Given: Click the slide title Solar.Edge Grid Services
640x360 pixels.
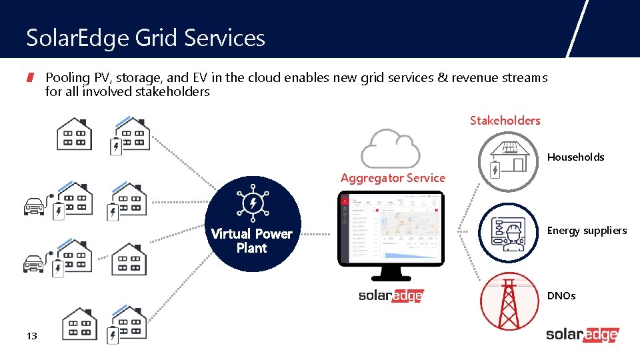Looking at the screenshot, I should (145, 38).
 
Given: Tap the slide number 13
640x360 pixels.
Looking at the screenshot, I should (31, 336).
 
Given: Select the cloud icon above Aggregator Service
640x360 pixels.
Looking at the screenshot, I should (390, 147).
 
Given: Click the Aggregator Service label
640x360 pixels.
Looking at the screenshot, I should (393, 178).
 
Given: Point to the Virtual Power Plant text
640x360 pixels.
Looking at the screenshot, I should (251, 241).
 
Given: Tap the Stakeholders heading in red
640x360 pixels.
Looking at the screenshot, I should (505, 121).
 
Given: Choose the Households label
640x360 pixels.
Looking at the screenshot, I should (575, 157).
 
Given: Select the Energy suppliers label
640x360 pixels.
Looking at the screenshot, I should (587, 231).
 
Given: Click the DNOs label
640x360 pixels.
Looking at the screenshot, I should (561, 295).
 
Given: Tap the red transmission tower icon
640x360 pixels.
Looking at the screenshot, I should (509, 301).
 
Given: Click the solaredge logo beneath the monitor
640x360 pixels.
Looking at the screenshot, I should (391, 296).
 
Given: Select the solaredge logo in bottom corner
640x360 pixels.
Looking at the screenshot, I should (582, 335).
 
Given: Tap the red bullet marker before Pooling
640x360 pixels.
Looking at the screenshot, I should (30, 78).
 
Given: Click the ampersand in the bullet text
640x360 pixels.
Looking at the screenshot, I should (443, 78).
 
